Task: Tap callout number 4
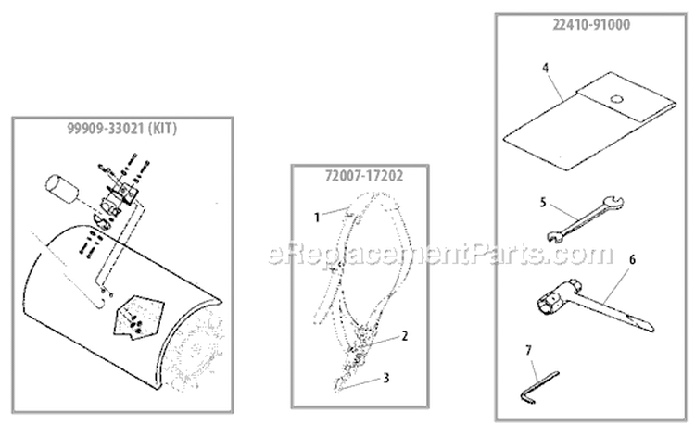[546, 68]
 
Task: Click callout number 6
[632, 260]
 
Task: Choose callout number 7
[528, 350]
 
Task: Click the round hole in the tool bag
[613, 99]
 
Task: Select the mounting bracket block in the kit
[118, 197]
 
